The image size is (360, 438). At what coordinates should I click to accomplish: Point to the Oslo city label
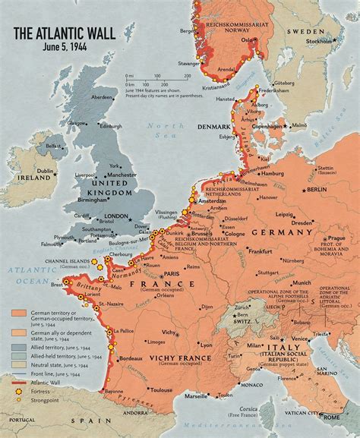(245, 42)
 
